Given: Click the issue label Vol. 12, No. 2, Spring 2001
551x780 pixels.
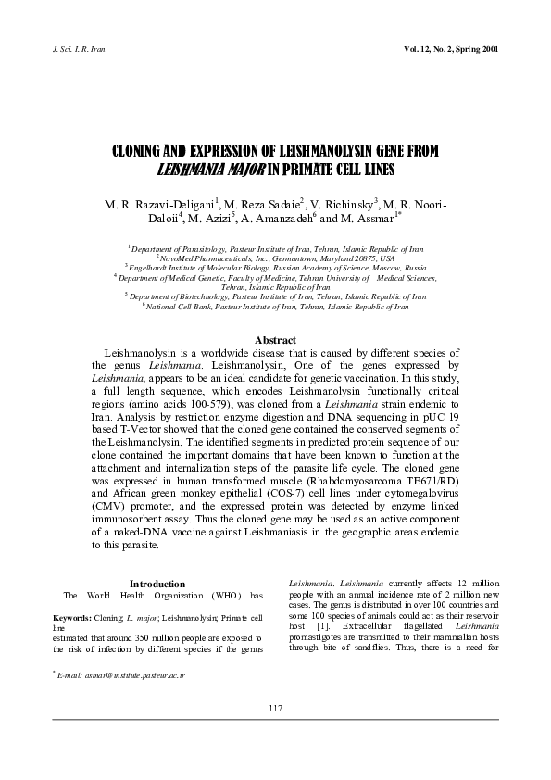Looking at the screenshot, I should click(451, 48).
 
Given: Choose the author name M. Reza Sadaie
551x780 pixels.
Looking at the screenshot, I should click(262, 203).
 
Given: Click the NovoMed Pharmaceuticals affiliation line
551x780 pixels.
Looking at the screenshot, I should click(275, 258).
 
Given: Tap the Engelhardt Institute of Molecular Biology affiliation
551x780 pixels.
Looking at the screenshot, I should click(275, 267).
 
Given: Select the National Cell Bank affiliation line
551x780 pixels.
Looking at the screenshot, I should click(275, 305).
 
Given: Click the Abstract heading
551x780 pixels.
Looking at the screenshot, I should click(275, 341).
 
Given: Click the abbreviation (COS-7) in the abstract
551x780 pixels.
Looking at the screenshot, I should click(349, 495).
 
